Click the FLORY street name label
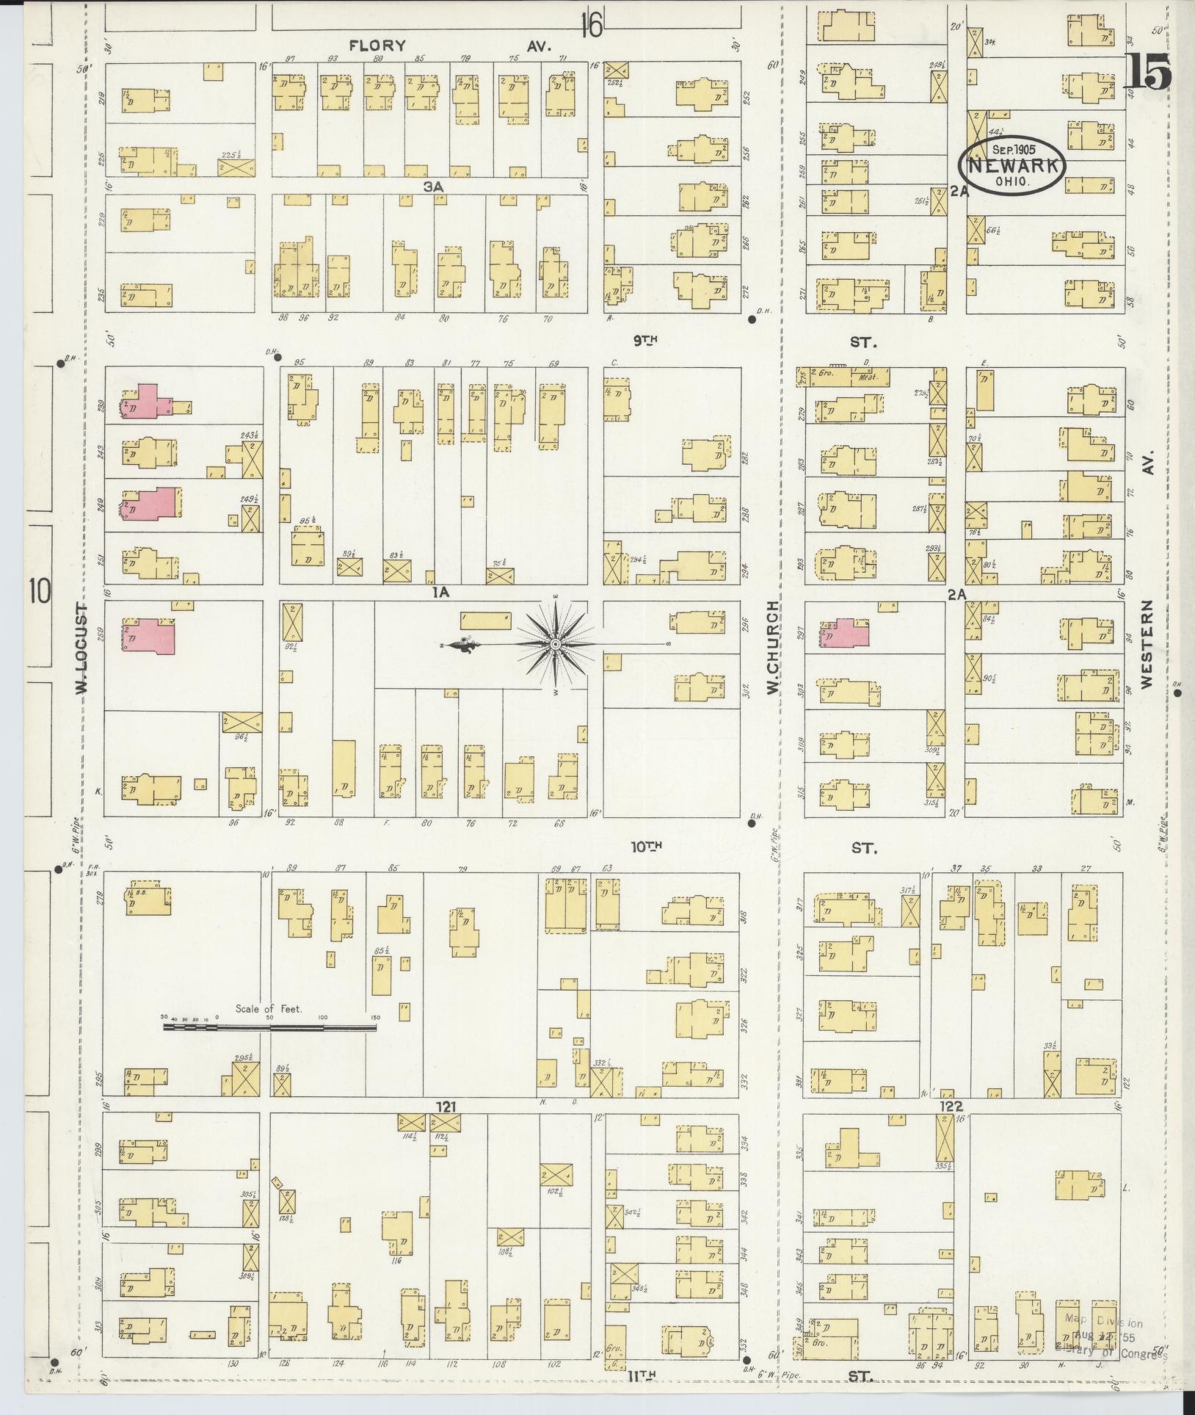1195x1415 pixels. click(377, 46)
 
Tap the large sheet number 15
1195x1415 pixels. click(1147, 71)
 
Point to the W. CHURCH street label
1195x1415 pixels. click(772, 646)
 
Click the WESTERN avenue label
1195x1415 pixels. click(1147, 643)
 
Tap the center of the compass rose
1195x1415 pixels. click(556, 645)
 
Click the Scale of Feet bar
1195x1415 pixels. click(269, 1027)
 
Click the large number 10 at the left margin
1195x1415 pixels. click(40, 590)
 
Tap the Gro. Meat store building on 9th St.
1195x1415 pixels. click(844, 377)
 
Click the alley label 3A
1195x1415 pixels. click(433, 187)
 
